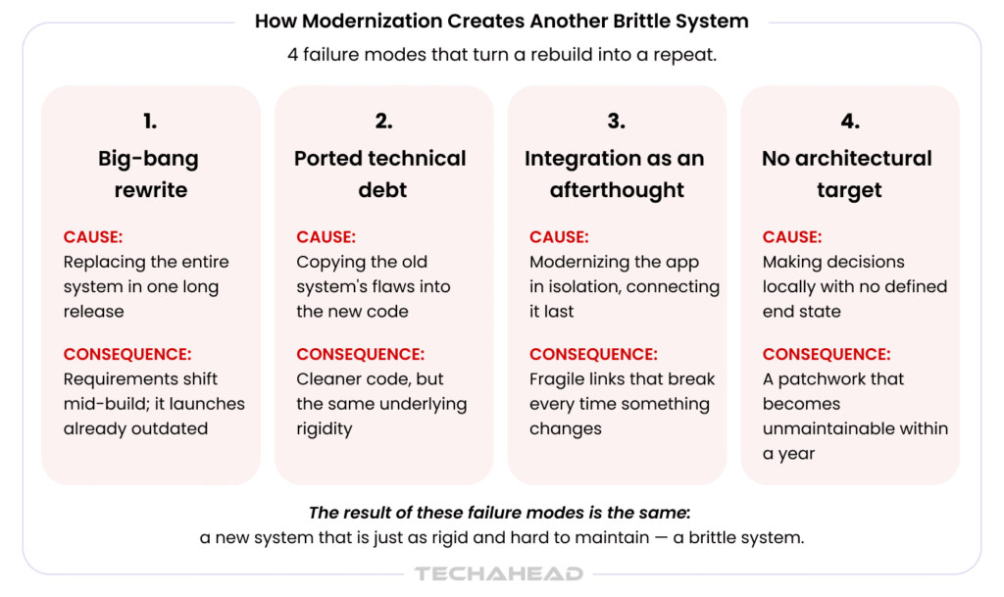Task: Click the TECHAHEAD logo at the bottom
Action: (x=499, y=573)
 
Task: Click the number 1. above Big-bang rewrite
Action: (x=150, y=121)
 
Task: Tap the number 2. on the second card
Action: (x=383, y=121)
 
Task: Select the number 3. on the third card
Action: (x=616, y=121)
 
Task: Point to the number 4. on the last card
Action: (x=850, y=121)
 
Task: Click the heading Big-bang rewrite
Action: (x=150, y=174)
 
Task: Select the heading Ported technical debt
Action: (x=380, y=174)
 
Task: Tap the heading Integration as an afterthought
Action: (x=615, y=174)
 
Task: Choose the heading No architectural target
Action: (x=847, y=174)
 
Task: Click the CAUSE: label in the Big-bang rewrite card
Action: (x=93, y=237)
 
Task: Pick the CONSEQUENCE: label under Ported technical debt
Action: (x=360, y=355)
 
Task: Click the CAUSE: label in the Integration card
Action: (x=559, y=237)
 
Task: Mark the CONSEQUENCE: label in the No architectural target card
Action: (x=826, y=355)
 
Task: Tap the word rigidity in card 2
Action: (x=324, y=428)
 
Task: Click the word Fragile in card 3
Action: (x=555, y=379)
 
